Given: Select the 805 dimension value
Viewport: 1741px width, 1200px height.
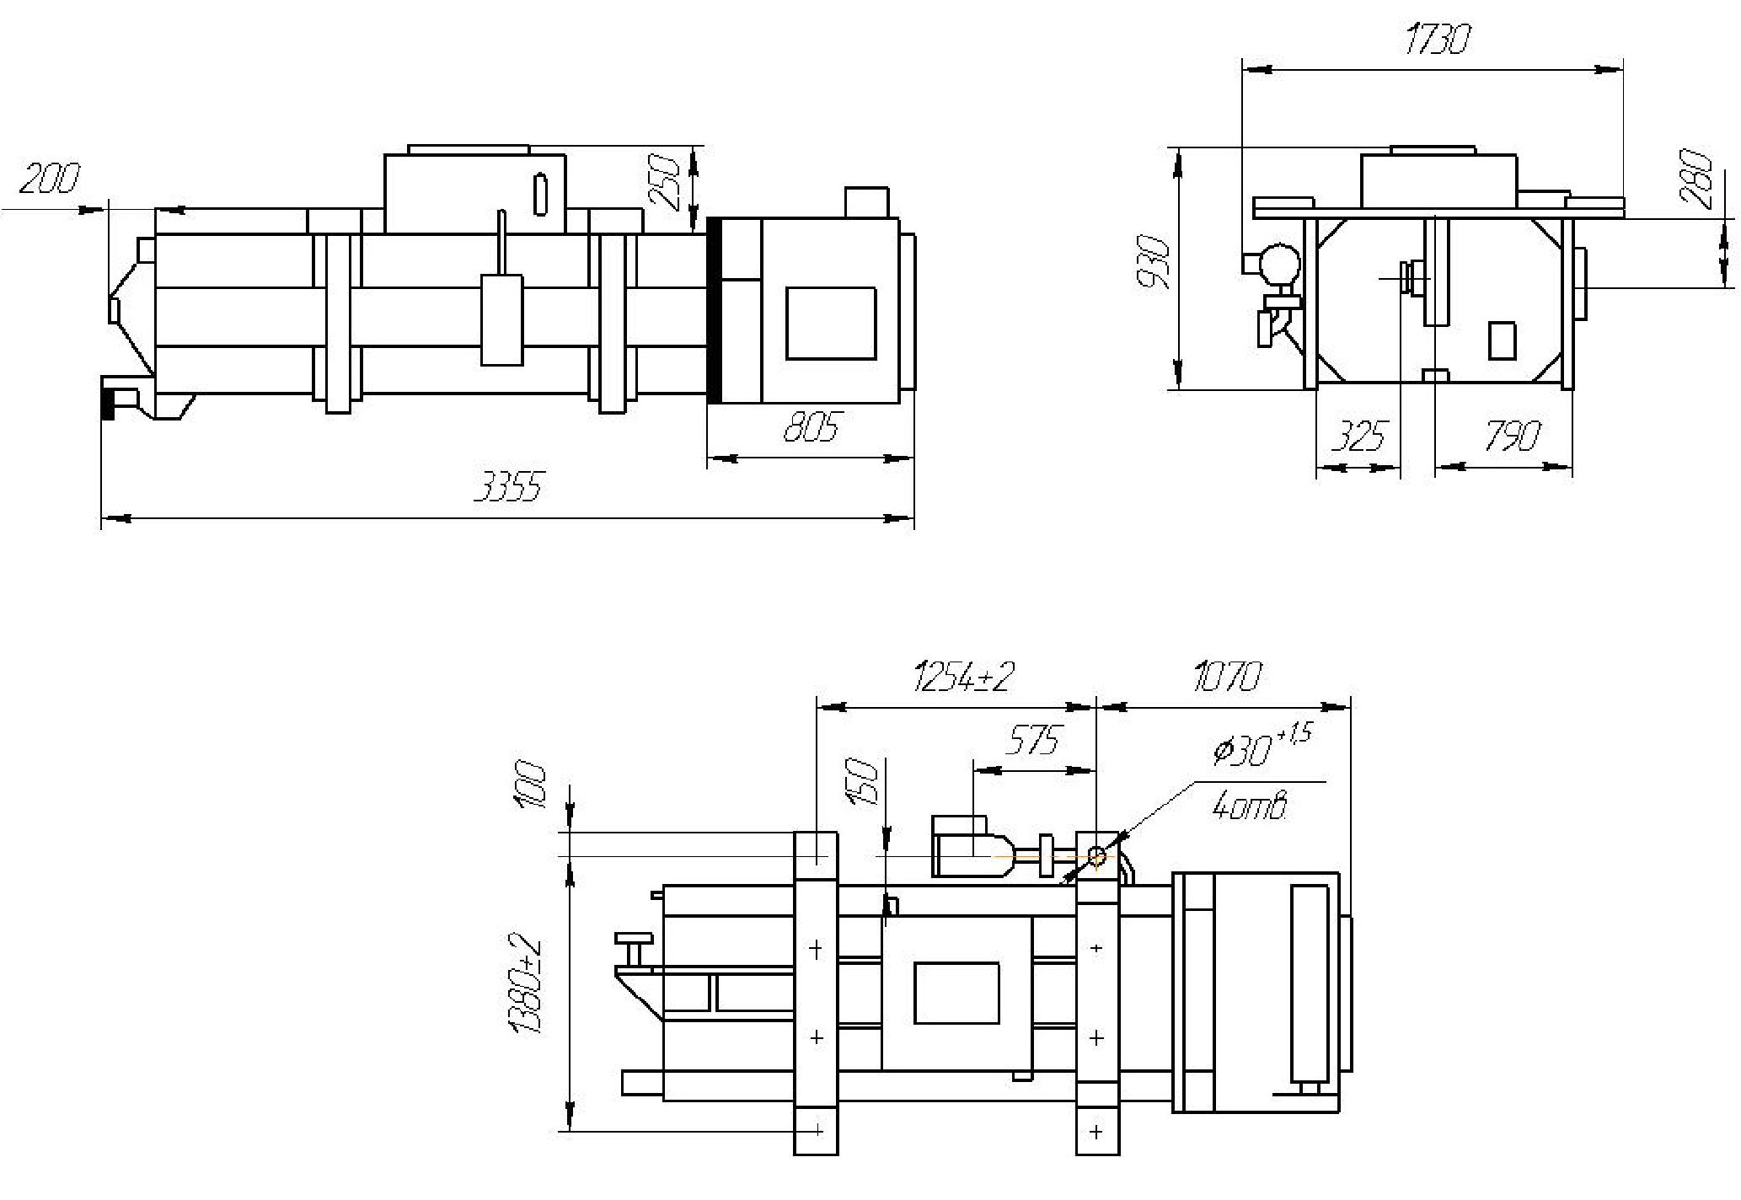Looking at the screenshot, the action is pyautogui.click(x=812, y=427).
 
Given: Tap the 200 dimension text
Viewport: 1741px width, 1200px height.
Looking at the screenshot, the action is pyautogui.click(x=50, y=178).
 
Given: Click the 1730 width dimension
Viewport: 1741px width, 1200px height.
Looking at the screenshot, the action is pyautogui.click(x=1438, y=39).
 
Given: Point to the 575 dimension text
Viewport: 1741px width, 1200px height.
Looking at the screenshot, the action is pyautogui.click(x=1032, y=740).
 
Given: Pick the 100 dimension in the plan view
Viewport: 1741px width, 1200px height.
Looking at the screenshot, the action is pyautogui.click(x=529, y=785).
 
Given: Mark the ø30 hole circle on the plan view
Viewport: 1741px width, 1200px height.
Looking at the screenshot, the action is pyautogui.click(x=1096, y=856).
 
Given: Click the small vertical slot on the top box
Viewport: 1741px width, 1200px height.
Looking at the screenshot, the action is pyautogui.click(x=540, y=194).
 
